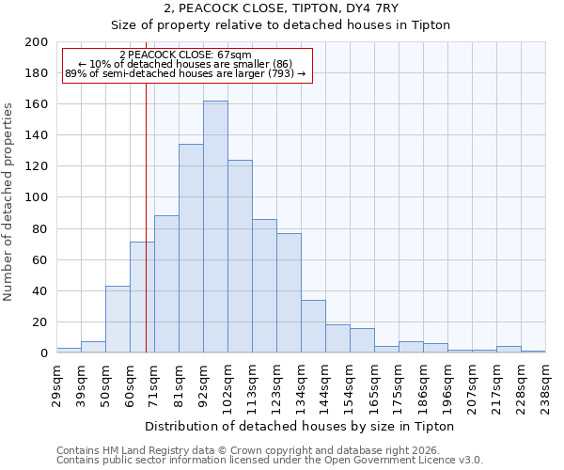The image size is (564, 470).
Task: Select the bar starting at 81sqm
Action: pos(191,248)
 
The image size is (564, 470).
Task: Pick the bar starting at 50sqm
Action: pos(117,320)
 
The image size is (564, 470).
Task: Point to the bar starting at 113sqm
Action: pos(264,286)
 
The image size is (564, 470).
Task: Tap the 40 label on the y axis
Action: pos(41,291)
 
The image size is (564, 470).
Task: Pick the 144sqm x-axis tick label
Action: pos(325,384)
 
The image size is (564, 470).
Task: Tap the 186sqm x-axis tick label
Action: pos(423,384)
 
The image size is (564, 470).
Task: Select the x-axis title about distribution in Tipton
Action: pos(301,426)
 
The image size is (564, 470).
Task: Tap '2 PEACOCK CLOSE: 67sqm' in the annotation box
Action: pos(185,55)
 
